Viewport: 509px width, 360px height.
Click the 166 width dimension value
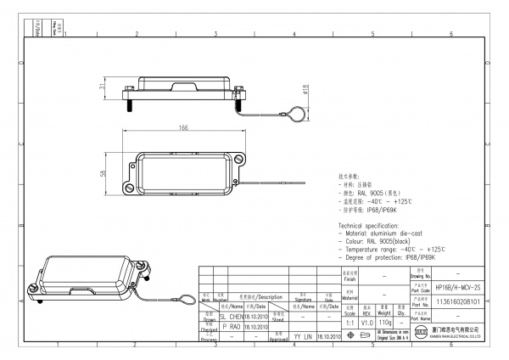[183, 127]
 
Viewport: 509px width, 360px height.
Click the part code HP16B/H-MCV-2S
[458, 288]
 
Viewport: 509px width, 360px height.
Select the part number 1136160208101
[458, 301]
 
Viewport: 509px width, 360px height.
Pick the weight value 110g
[384, 323]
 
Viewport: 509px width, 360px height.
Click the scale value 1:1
[350, 323]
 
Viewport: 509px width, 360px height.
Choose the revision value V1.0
[366, 323]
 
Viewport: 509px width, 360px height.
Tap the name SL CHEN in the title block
[232, 315]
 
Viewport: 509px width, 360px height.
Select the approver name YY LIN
[303, 336]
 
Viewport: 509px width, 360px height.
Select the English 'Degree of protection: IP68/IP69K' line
[387, 256]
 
